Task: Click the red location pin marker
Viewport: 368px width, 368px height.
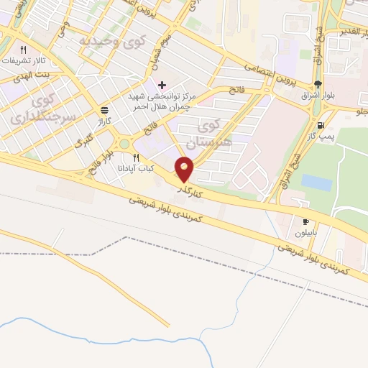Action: tap(185, 170)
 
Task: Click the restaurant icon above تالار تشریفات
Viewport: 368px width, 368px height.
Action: tap(23, 50)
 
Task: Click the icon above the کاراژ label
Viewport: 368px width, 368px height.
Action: tap(105, 111)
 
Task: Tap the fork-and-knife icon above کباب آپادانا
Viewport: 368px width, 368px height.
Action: tap(136, 157)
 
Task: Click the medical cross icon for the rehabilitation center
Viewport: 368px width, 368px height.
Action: tap(162, 85)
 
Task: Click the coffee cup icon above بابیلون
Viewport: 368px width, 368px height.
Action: tap(305, 222)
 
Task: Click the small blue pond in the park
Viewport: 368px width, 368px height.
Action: tap(316, 182)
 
